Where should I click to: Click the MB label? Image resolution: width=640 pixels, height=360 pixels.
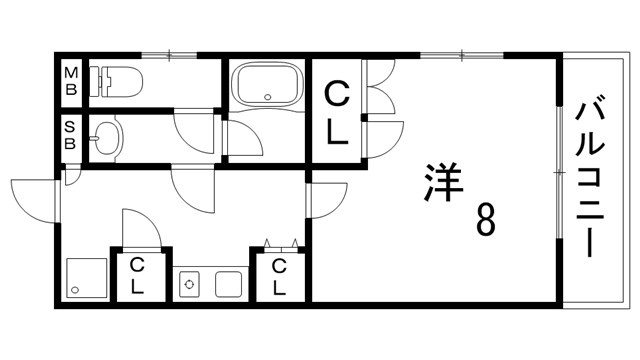tap(71, 80)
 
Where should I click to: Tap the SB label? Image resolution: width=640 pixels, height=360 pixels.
tap(71, 135)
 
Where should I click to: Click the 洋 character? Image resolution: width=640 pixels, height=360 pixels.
tap(437, 182)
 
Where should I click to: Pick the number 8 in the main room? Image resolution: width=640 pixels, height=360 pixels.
tap(484, 219)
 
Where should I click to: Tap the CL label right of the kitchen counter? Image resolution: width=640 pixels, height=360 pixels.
tap(280, 275)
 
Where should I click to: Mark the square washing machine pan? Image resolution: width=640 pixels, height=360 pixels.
tap(87, 277)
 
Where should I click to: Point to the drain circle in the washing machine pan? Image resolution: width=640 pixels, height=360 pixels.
tap(75, 290)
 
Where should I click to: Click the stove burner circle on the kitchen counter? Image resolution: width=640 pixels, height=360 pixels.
tap(190, 284)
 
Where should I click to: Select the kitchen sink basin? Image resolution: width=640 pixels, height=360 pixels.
tap(228, 284)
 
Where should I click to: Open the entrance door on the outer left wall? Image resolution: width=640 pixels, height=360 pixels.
tap(35, 195)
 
